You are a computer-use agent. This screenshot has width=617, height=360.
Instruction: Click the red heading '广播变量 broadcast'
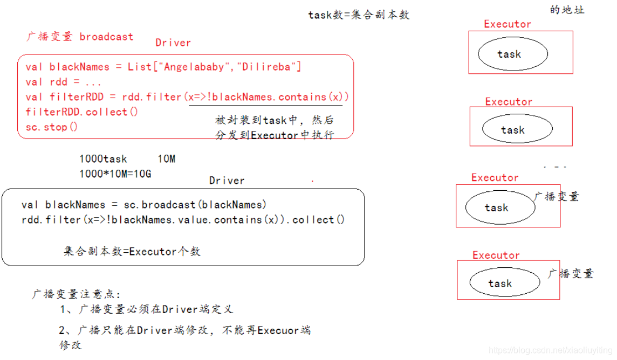point(80,37)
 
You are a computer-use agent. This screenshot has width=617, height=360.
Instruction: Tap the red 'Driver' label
point(173,43)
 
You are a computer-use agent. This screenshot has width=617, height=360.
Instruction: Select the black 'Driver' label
point(227,181)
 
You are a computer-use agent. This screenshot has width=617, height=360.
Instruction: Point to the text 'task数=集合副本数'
point(359,15)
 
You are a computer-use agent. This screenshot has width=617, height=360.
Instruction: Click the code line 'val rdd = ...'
point(64,82)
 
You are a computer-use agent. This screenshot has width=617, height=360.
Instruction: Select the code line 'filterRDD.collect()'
point(82,112)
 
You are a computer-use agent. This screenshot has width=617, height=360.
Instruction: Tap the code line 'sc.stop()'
point(52,127)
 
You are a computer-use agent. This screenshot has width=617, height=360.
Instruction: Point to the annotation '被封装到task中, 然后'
point(274,121)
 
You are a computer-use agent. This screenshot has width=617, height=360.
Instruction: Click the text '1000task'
point(103,159)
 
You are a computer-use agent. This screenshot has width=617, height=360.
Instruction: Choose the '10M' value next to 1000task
point(167,159)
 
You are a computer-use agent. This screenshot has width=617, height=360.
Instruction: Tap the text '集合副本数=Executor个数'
point(132,251)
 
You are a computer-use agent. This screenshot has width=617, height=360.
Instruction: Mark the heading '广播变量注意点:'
point(77,294)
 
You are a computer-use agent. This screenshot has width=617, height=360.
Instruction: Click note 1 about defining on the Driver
point(146,309)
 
